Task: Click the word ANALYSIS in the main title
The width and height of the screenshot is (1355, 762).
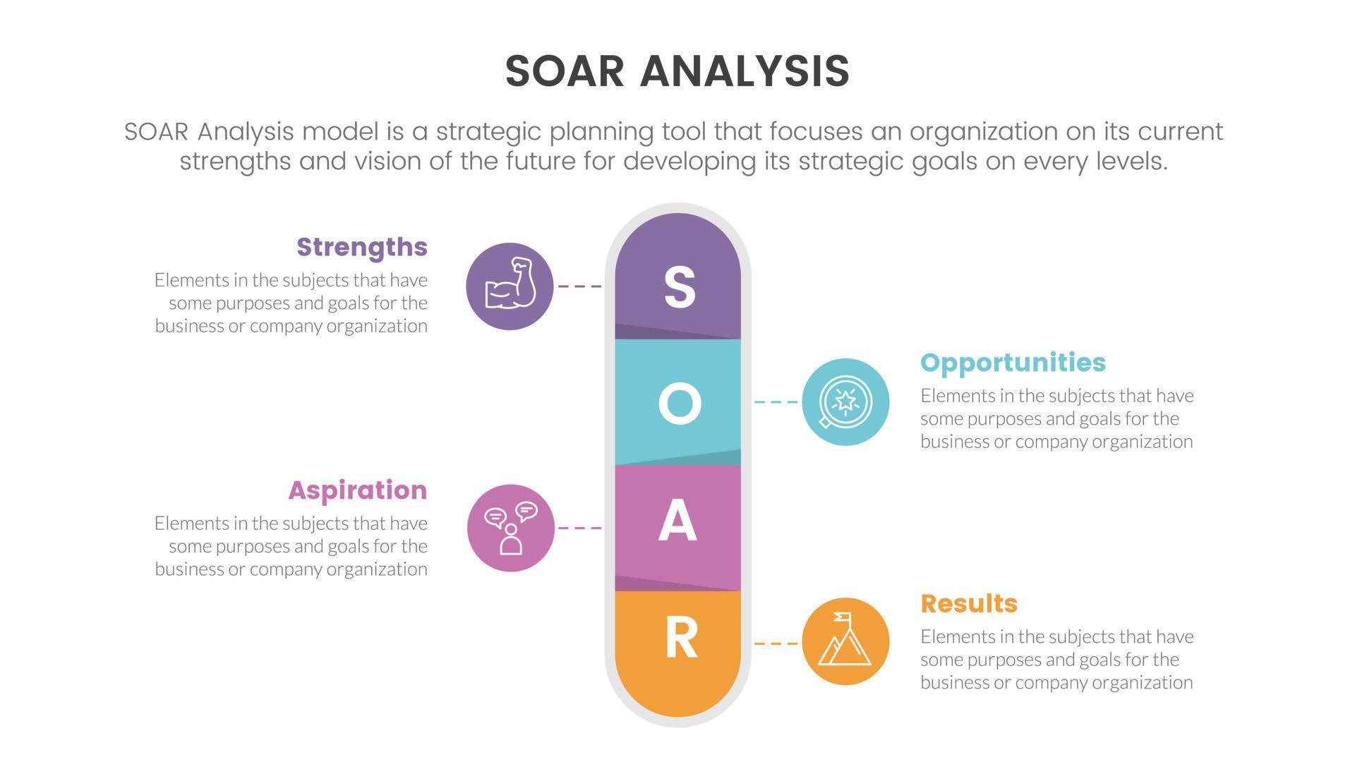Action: pyautogui.click(x=745, y=71)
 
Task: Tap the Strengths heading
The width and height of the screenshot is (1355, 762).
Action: pyautogui.click(x=362, y=247)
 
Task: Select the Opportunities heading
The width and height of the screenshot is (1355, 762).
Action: pyautogui.click(x=1013, y=362)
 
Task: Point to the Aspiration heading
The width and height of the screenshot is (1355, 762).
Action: pyautogui.click(x=358, y=490)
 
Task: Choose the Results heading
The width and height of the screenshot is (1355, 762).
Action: pyautogui.click(x=969, y=603)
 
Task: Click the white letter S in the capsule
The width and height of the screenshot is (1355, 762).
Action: pyautogui.click(x=680, y=287)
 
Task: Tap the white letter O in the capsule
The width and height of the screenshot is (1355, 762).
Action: pyautogui.click(x=680, y=404)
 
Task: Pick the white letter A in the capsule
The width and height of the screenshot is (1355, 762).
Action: pyautogui.click(x=677, y=521)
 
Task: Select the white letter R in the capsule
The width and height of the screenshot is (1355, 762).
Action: pyautogui.click(x=681, y=638)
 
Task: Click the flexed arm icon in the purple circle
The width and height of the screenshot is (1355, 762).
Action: pyautogui.click(x=510, y=286)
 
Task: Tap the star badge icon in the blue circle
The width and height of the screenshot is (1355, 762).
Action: pyautogui.click(x=845, y=402)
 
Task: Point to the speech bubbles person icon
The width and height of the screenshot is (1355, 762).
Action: pyautogui.click(x=511, y=528)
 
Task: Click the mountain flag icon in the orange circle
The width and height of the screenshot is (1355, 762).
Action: pyautogui.click(x=845, y=641)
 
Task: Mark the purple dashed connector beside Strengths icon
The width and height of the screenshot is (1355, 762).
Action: pyautogui.click(x=579, y=286)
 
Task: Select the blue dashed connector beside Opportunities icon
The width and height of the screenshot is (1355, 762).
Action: pyautogui.click(x=776, y=402)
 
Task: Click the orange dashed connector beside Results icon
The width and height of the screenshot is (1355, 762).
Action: pyautogui.click(x=776, y=643)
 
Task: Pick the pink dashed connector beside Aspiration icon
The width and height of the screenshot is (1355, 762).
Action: pyautogui.click(x=579, y=528)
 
